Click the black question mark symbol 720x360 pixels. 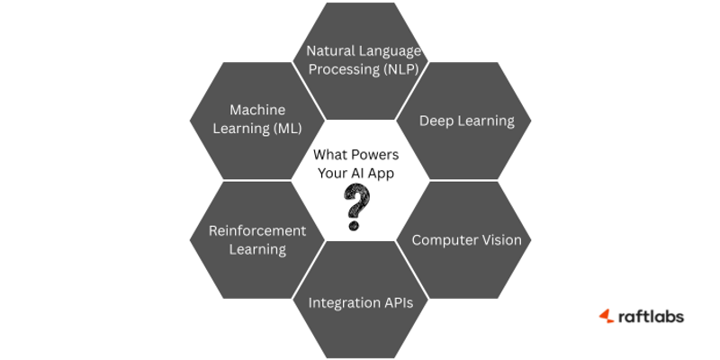[x=358, y=206]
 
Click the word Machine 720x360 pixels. [x=257, y=110]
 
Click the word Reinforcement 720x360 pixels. [x=257, y=230]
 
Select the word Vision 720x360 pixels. [x=503, y=240]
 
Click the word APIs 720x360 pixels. [x=397, y=302]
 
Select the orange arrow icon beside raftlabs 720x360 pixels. [x=607, y=316]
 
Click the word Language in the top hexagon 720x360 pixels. [x=391, y=50]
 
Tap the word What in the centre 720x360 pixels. [x=330, y=155]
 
